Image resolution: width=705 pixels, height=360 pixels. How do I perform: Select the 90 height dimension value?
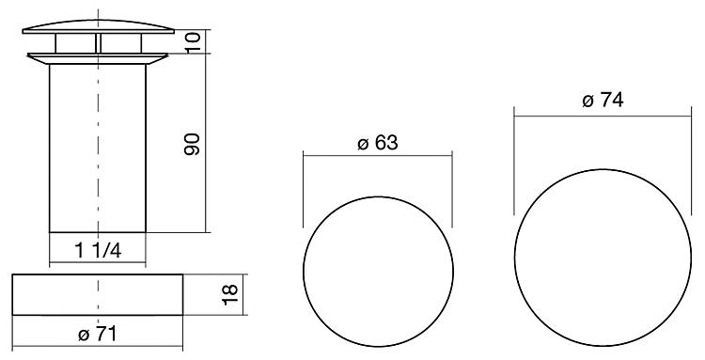[192, 144]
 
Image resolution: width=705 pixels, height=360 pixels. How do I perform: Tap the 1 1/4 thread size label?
[98, 250]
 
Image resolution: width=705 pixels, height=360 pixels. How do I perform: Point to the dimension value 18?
[229, 294]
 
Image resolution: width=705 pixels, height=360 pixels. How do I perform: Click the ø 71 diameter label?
[97, 334]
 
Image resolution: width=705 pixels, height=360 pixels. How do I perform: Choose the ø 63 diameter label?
[378, 143]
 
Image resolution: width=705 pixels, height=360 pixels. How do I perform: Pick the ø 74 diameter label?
[603, 101]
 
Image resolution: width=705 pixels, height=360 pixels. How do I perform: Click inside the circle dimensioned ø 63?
[378, 272]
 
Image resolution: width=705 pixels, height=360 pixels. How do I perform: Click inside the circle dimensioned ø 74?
[603, 258]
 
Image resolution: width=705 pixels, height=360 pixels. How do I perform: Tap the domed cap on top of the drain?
[98, 27]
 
